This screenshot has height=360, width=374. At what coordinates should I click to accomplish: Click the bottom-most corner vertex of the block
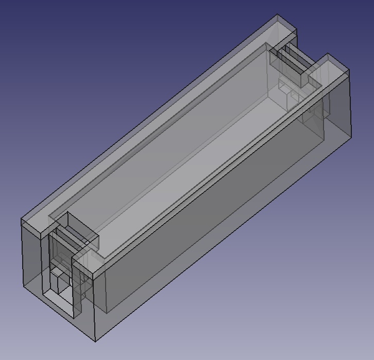pyautogui.click(x=96, y=341)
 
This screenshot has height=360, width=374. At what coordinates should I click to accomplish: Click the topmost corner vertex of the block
pyautogui.click(x=277, y=14)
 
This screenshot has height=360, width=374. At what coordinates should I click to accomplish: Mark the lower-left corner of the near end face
pyautogui.click(x=24, y=288)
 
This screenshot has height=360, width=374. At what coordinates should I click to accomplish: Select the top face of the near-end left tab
pyautogui.click(x=34, y=225)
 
